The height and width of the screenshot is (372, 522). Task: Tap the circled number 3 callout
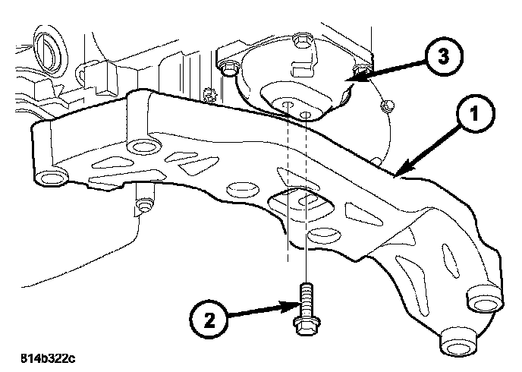(437, 57)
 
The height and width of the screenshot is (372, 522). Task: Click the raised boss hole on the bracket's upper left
(138, 145)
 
